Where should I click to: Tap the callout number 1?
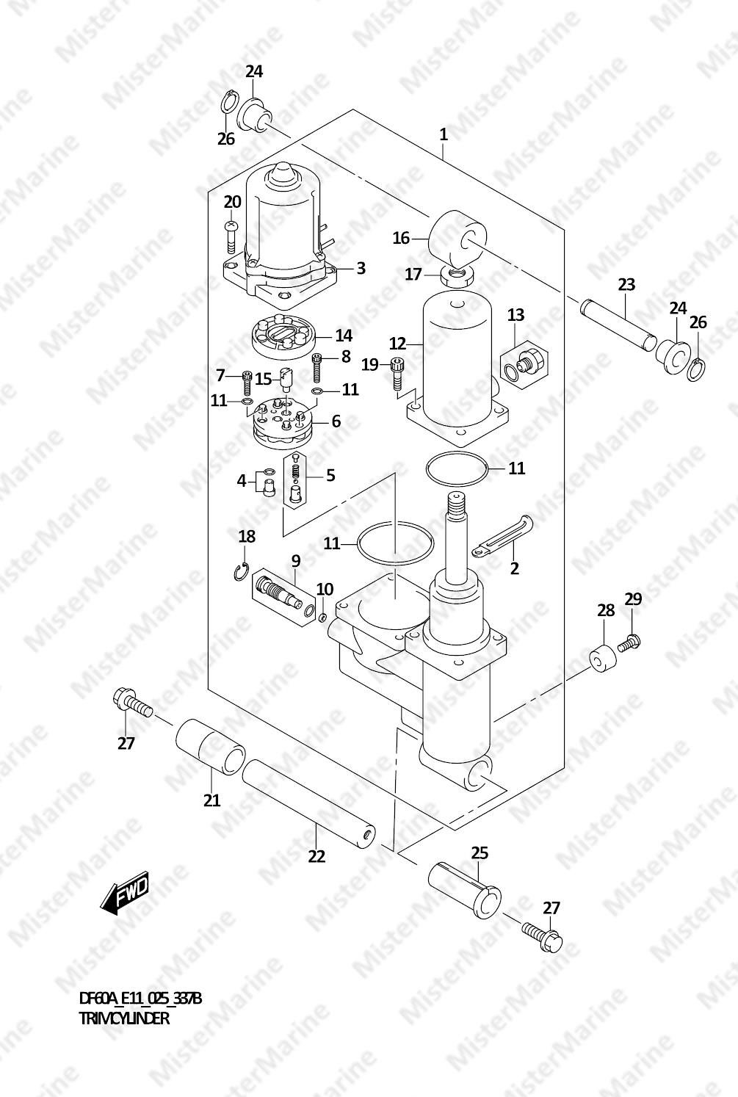coord(444,134)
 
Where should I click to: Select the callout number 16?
coord(401,238)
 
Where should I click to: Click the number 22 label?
coord(316,856)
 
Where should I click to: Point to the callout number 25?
coord(480,852)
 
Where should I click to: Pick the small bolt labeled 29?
coord(629,642)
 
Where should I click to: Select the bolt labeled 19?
coord(396,374)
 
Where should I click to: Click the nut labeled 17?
coord(458,278)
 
